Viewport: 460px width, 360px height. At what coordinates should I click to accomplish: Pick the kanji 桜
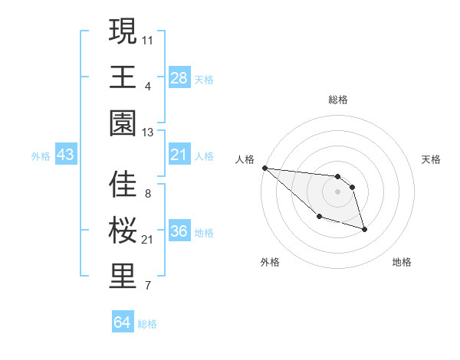123,231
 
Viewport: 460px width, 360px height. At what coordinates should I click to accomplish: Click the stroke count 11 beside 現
148,38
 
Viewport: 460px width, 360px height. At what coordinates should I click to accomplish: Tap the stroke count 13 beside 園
148,133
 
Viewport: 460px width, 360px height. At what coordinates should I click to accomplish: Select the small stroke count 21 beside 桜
148,240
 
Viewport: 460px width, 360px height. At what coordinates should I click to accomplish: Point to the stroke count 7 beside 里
147,286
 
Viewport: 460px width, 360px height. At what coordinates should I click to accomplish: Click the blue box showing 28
179,78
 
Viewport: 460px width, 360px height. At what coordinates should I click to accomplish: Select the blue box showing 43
65,155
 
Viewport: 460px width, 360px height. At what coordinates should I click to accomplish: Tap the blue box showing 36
179,232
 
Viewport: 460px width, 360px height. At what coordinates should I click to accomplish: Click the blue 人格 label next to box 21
204,156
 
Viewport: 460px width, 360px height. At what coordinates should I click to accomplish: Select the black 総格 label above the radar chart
338,100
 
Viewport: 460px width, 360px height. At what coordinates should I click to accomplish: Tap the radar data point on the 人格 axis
264,168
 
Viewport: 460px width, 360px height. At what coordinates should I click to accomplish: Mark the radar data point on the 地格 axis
364,229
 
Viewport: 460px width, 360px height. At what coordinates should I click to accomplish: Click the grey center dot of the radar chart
338,191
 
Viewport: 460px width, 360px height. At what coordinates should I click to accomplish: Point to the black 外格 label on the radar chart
270,262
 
